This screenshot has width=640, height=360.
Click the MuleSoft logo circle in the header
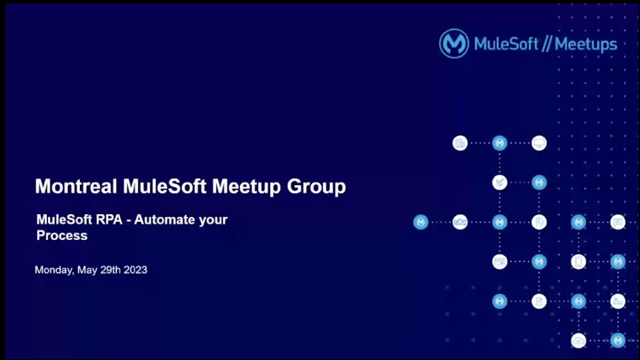click(453, 43)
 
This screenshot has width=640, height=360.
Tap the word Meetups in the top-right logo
click(585, 44)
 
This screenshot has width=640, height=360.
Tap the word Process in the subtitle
click(62, 235)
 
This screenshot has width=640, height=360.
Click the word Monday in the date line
click(54, 270)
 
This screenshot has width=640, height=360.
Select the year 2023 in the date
click(135, 270)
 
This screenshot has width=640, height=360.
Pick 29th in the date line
click(110, 270)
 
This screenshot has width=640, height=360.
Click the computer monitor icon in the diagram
click(539, 143)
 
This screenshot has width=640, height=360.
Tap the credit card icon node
click(499, 261)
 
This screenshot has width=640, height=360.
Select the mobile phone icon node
click(578, 261)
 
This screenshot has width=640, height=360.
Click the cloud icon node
click(578, 340)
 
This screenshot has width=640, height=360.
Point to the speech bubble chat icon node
click(618, 222)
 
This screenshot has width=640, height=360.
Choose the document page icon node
click(539, 301)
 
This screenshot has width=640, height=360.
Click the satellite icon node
click(499, 182)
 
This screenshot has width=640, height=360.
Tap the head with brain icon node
click(539, 222)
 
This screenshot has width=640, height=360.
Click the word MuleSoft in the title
click(164, 186)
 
